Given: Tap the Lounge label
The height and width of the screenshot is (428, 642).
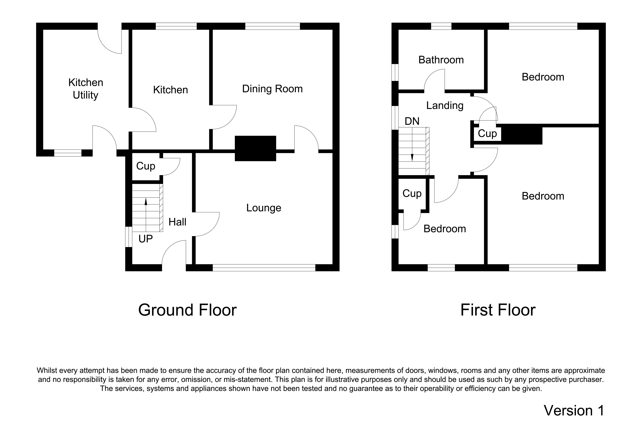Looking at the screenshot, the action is [264, 208].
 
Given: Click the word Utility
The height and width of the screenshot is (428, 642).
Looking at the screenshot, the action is [85, 95].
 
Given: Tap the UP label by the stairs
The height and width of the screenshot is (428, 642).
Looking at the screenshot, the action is [145, 239].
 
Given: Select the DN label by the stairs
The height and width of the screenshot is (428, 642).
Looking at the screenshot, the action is [412, 121].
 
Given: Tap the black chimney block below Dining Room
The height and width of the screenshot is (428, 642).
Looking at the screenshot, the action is [256, 148].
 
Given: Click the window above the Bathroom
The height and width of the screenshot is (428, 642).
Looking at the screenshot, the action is [441, 26].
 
